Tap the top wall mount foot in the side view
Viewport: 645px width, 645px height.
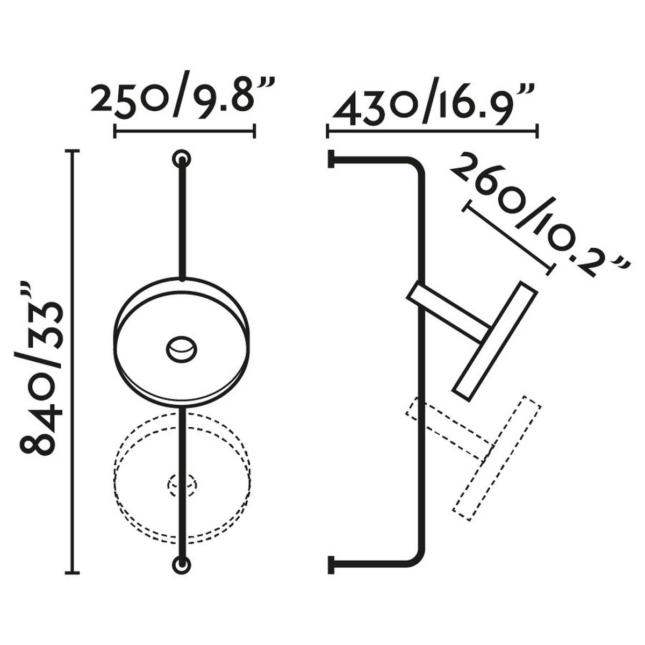pyautogui.click(x=330, y=159)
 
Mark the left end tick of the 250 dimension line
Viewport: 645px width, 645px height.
pyautogui.click(x=115, y=131)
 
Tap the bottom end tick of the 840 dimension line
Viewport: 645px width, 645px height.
pyautogui.click(x=72, y=572)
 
